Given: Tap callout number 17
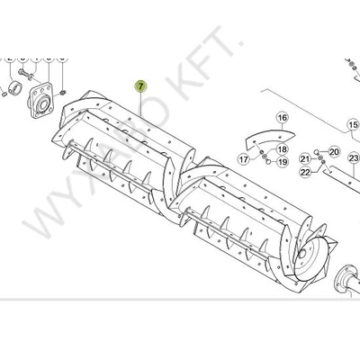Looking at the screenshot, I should [x=242, y=159].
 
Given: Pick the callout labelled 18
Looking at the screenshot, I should [x=282, y=149].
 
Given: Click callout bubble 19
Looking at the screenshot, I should [x=282, y=162].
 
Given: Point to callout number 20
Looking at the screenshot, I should [x=334, y=152].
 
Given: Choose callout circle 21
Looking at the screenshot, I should [x=305, y=159].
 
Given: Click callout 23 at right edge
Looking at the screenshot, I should [x=353, y=158].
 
